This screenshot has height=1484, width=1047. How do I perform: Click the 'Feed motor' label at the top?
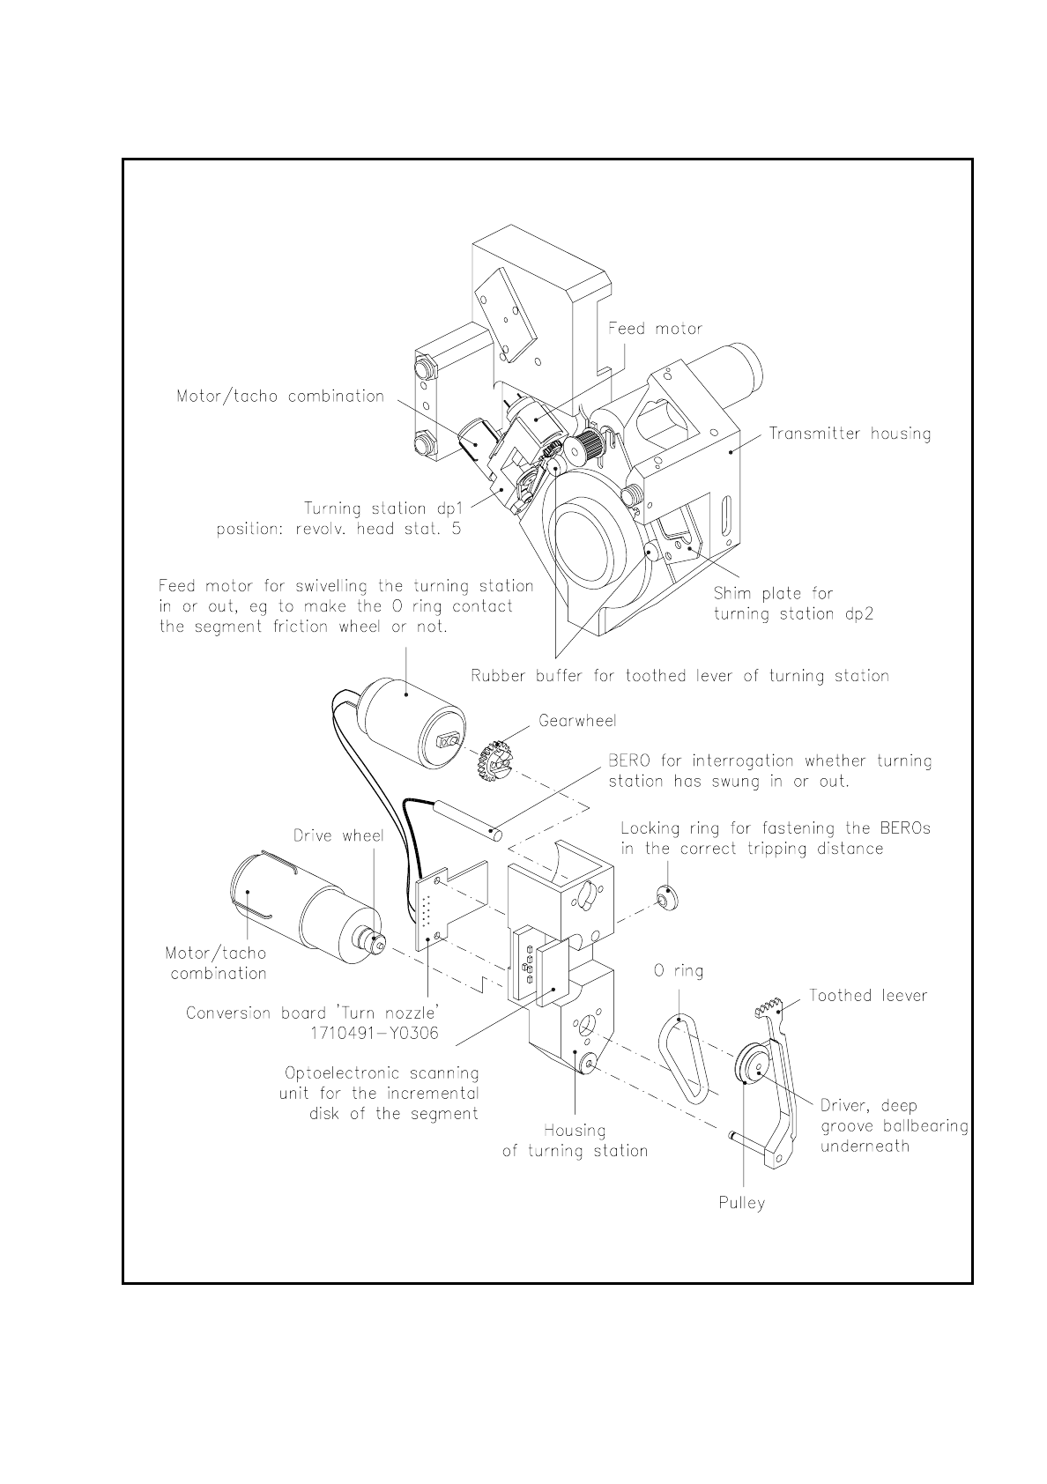pos(655,329)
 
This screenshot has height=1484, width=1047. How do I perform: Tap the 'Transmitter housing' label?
pos(850,434)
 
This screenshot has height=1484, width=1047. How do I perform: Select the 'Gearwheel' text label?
pos(577,721)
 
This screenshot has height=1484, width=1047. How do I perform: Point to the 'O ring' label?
pos(678,971)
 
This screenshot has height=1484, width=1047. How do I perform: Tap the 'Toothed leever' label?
pos(868,996)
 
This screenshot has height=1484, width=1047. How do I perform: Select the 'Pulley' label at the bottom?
pos(741,1203)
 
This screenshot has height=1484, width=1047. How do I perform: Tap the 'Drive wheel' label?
pos(338,835)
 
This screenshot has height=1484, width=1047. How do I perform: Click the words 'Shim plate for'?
pos(773,594)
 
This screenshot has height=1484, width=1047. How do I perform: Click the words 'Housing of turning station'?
pos(575,1140)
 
